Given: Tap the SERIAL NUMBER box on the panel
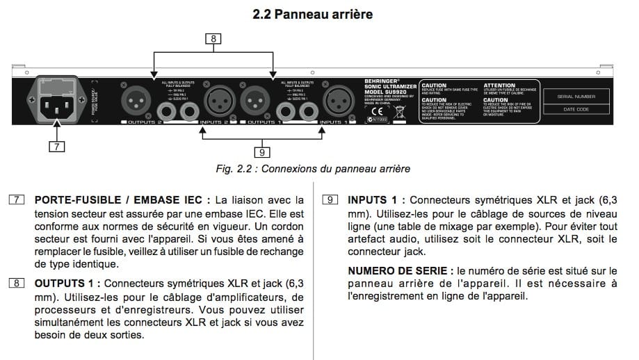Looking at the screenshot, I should pyautogui.click(x=575, y=98).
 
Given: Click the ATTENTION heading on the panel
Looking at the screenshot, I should pyautogui.click(x=499, y=85).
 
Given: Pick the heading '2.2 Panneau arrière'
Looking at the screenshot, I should pyautogui.click(x=319, y=14).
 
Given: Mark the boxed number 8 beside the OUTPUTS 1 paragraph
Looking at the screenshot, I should pyautogui.click(x=15, y=283).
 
